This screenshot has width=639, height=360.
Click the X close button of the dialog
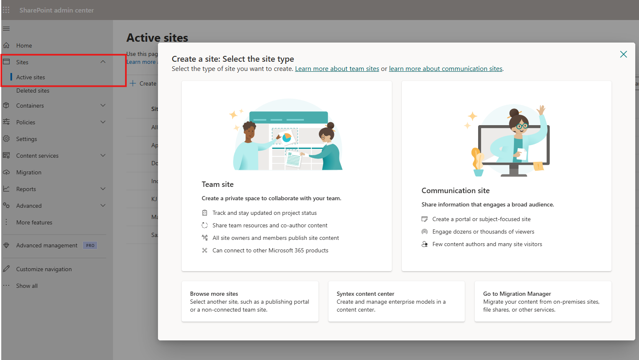pyautogui.click(x=623, y=54)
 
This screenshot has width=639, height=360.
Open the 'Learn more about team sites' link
pyautogui.click(x=337, y=69)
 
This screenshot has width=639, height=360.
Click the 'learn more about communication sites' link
pyautogui.click(x=445, y=69)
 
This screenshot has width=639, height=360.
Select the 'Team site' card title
pyautogui.click(x=218, y=184)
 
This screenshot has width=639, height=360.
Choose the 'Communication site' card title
pyautogui.click(x=455, y=191)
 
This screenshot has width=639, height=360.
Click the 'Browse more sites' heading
pyautogui.click(x=214, y=294)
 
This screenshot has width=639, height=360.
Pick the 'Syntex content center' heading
pyautogui.click(x=365, y=294)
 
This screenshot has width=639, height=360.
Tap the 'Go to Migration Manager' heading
pyautogui.click(x=516, y=294)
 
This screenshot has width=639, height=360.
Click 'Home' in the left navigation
pyautogui.click(x=24, y=45)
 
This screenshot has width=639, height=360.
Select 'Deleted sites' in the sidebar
pyautogui.click(x=33, y=91)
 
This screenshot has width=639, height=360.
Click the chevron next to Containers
pyautogui.click(x=103, y=106)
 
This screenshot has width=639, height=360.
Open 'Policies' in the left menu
pyautogui.click(x=25, y=122)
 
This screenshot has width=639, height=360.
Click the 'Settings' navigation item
pyautogui.click(x=26, y=139)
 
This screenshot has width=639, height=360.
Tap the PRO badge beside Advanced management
pyautogui.click(x=90, y=245)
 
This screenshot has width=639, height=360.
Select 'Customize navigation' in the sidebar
pyautogui.click(x=44, y=269)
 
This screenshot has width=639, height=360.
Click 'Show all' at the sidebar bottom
pyautogui.click(x=27, y=286)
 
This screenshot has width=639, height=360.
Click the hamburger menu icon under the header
pyautogui.click(x=6, y=29)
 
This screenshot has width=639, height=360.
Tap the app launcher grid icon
pyautogui.click(x=6, y=10)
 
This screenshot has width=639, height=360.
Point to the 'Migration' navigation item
pyautogui.click(x=28, y=172)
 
